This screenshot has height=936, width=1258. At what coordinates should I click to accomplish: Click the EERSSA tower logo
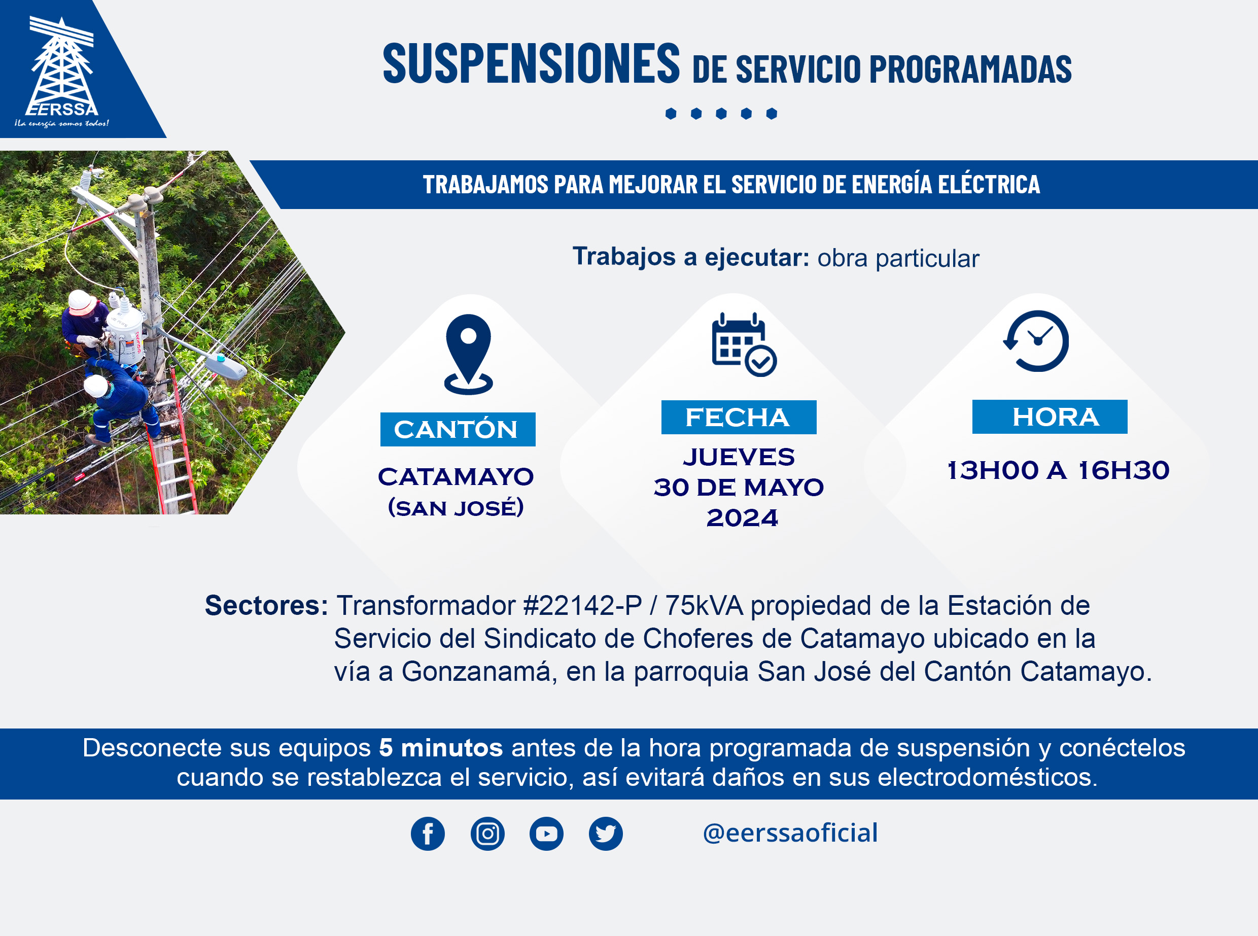[62, 72]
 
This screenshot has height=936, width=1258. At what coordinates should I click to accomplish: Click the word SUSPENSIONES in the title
[531, 63]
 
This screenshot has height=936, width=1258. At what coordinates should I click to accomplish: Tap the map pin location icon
[468, 355]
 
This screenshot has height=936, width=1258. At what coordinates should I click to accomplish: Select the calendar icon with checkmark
[744, 344]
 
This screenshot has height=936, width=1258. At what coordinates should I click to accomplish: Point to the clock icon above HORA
[1036, 341]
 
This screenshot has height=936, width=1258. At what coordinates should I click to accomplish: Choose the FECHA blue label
[739, 418]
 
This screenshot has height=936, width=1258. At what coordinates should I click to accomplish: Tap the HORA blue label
[1050, 417]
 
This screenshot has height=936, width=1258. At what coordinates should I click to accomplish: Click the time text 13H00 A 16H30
[1058, 470]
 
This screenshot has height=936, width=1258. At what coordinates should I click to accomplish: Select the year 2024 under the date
[742, 518]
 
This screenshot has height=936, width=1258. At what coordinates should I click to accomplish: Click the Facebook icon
[428, 834]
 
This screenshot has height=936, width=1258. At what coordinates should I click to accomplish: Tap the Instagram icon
[487, 834]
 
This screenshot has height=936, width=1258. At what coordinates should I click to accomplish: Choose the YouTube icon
[546, 834]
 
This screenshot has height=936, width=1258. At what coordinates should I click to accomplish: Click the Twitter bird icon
[606, 834]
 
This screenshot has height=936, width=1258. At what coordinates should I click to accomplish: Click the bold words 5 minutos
[441, 748]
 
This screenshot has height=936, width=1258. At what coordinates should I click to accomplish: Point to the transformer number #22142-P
[583, 606]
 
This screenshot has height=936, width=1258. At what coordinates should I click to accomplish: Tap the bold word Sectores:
[266, 606]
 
